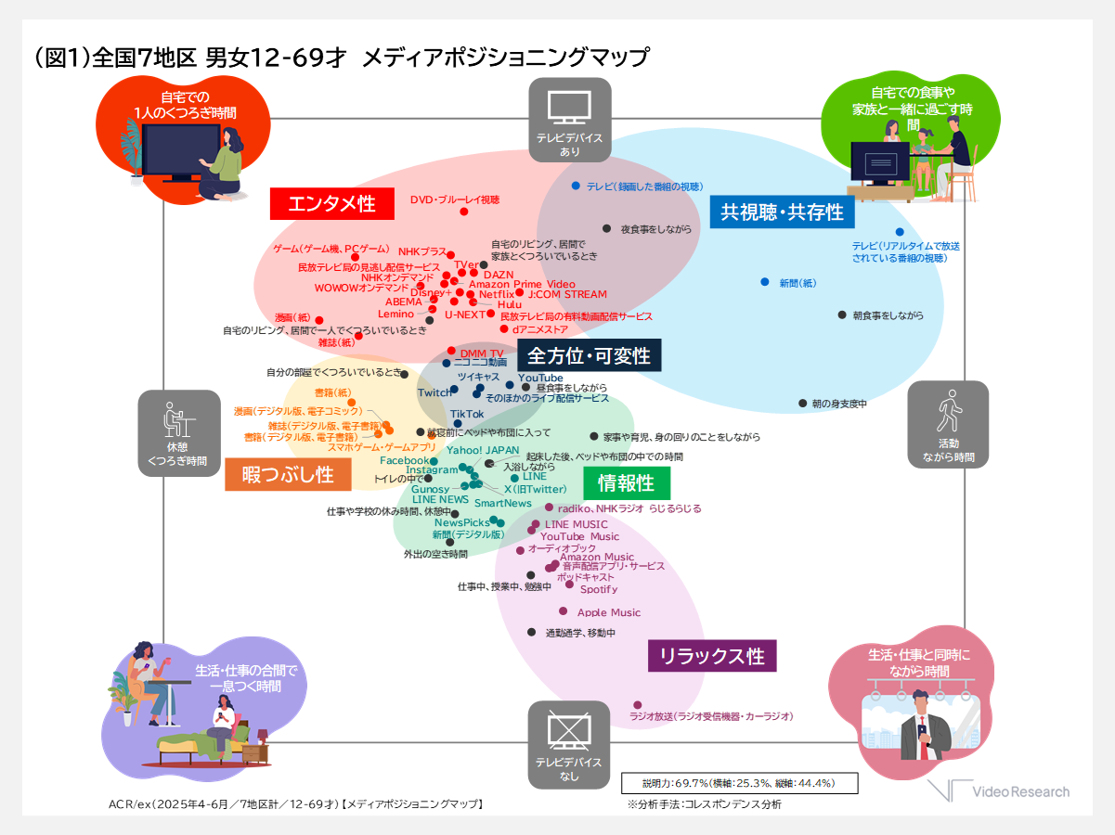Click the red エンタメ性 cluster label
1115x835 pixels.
point(331,204)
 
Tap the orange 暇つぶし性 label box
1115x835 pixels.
point(288,475)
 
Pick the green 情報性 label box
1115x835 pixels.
point(626,482)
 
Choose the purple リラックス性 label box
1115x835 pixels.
point(712,656)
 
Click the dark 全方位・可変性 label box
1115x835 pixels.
point(590,355)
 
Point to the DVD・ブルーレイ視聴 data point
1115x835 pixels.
point(464,212)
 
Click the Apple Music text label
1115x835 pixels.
point(609,612)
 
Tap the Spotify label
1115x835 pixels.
point(599,589)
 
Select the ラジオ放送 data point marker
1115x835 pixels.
point(637,705)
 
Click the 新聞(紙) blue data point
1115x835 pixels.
point(765,281)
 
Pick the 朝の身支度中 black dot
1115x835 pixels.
point(802,404)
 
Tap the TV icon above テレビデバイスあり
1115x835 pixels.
point(569,107)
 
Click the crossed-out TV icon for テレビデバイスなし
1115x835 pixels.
point(569,729)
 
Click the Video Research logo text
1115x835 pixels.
point(1020,791)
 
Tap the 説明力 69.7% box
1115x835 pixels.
point(738,783)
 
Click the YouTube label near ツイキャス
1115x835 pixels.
point(540,378)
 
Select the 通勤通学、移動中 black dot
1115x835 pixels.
point(531,632)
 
